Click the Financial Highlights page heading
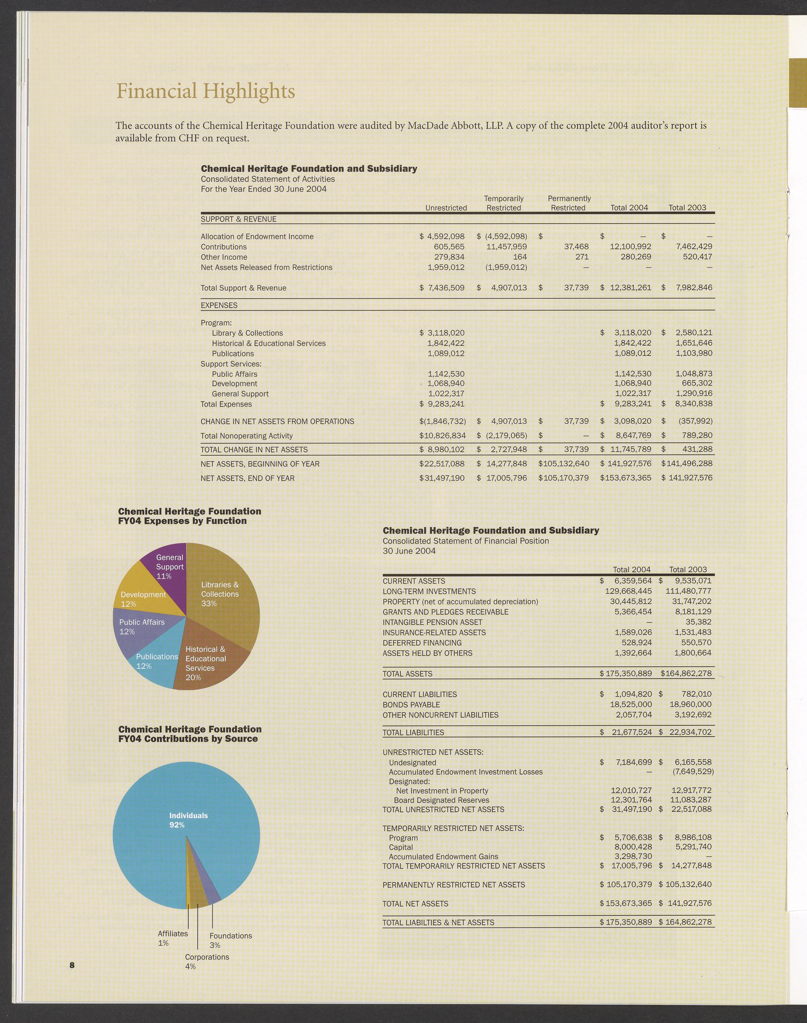pyautogui.click(x=206, y=91)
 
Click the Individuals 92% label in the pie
pyautogui.click(x=188, y=820)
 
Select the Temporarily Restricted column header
pyautogui.click(x=504, y=203)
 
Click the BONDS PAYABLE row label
pyautogui.click(x=411, y=705)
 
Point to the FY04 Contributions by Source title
pyautogui.click(x=189, y=734)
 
